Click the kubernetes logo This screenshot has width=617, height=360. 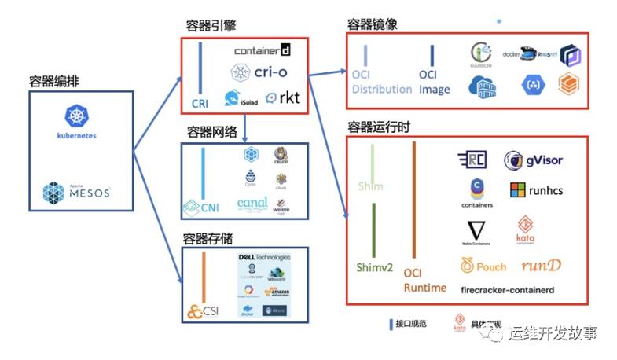coord(75,123)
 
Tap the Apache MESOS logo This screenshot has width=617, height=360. coord(76,192)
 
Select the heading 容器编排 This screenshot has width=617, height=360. coord(53,81)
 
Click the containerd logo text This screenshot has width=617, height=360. coord(263,51)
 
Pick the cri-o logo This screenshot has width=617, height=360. coord(260,72)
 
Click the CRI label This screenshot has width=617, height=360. coord(200,103)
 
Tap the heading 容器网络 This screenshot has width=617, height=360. coord(211,131)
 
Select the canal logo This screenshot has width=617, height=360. coord(252,204)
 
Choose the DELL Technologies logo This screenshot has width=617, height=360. coord(263,257)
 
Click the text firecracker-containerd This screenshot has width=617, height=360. coord(507,290)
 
